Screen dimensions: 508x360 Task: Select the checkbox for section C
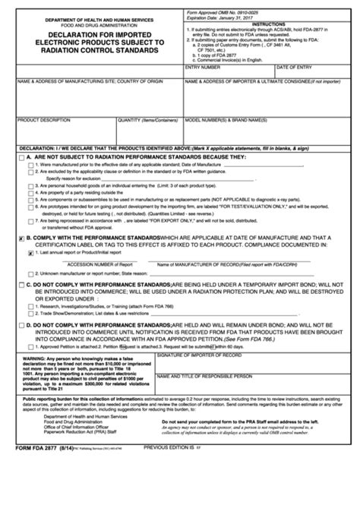coord(21,304)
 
